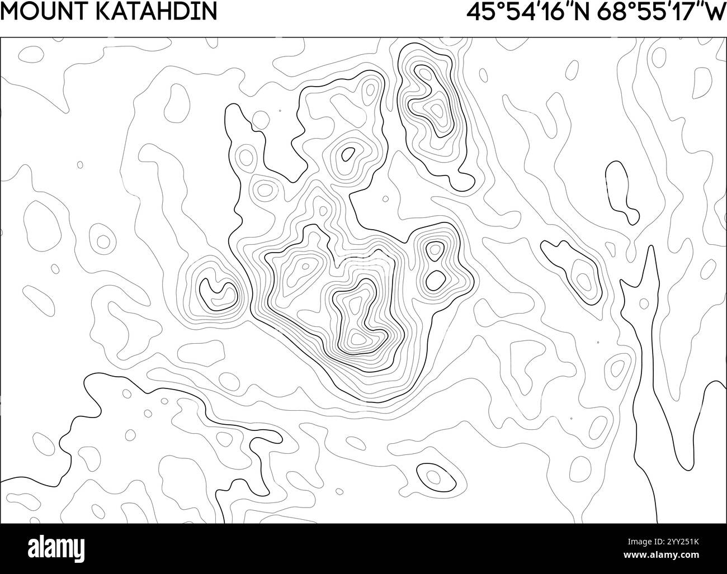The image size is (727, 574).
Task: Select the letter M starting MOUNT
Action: click(x=10, y=11)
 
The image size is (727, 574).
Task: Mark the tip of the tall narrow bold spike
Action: click(x=649, y=246)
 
